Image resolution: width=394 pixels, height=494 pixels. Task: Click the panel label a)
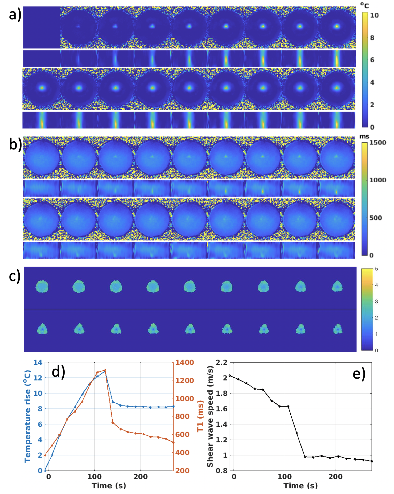[15, 14]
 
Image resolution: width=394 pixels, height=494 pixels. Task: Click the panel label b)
[15, 144]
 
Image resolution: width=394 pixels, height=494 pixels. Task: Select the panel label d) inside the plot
[58, 372]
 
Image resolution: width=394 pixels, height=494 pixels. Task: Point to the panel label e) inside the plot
[359, 373]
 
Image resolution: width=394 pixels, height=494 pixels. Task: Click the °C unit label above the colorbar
[364, 5]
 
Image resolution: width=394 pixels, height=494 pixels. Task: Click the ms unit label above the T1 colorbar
[364, 137]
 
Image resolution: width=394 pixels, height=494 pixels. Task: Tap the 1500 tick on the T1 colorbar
[378, 143]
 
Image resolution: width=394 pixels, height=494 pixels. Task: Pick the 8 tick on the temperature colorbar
[372, 38]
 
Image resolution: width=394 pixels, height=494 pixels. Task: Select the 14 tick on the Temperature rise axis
[38, 362]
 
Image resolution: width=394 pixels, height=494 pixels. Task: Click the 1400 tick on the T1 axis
[185, 362]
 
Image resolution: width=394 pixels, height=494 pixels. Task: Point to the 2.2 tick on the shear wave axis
[221, 362]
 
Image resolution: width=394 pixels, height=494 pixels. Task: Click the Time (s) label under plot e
[300, 486]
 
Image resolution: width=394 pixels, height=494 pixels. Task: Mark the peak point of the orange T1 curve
[105, 370]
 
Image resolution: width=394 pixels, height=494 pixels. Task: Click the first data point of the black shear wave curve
[230, 376]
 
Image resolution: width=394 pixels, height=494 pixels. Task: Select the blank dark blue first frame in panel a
[42, 28]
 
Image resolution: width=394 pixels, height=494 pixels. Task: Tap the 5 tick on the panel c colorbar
[377, 269]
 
